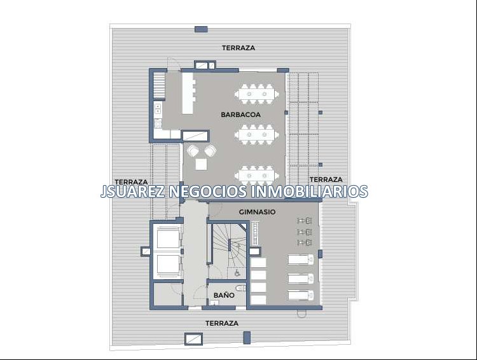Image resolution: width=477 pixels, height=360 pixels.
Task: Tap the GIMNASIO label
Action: (257, 212)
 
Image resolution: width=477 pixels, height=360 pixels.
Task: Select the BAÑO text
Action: (224, 295)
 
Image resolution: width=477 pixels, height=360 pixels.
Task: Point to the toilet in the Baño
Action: (241, 287)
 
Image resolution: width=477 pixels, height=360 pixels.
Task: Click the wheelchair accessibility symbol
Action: (237, 273)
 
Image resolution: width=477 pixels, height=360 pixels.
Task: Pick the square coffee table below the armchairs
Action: (201, 164)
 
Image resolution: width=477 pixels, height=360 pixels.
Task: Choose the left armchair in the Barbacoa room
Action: (193, 151)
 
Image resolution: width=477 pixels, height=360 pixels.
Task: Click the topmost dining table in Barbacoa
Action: (257, 93)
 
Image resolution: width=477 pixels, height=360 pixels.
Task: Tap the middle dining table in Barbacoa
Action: (257, 134)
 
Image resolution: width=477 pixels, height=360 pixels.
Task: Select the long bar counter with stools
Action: (188, 92)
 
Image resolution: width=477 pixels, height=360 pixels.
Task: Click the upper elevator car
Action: (168, 239)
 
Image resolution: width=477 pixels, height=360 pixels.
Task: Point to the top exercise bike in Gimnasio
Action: (305, 221)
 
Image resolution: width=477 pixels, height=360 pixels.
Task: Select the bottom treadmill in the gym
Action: (301, 295)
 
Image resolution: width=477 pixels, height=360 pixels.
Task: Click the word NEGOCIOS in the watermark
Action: (207, 191)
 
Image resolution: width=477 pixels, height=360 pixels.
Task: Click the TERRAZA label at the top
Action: (238, 48)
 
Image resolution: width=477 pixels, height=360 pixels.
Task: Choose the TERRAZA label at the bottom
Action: (222, 323)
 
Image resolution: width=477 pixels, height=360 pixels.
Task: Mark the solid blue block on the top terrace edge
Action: (201, 29)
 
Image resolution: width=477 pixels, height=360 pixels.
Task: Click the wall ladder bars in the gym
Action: (254, 233)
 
